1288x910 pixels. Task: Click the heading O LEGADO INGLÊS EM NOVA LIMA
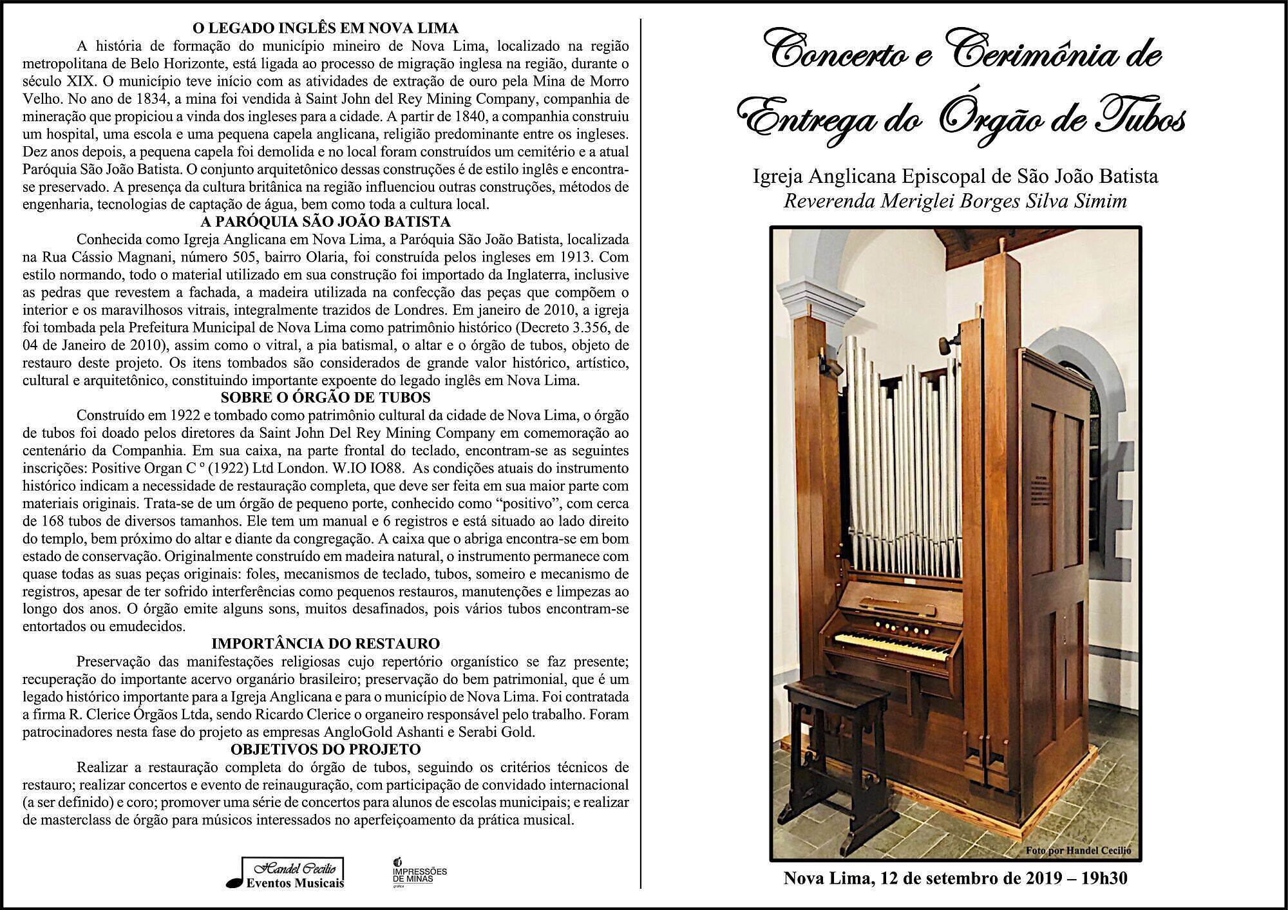coord(325,28)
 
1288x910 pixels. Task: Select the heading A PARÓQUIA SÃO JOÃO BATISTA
coord(325,222)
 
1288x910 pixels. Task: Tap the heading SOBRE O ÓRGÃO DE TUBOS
coord(325,397)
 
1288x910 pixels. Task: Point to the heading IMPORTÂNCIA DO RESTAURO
coord(325,643)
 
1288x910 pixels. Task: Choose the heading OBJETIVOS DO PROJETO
coord(325,750)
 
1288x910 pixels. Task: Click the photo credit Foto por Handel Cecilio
coord(1077,850)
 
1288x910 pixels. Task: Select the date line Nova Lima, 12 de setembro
coord(955,878)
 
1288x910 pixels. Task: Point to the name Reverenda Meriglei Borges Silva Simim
coord(955,201)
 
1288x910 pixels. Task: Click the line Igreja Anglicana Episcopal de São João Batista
coord(955,176)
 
